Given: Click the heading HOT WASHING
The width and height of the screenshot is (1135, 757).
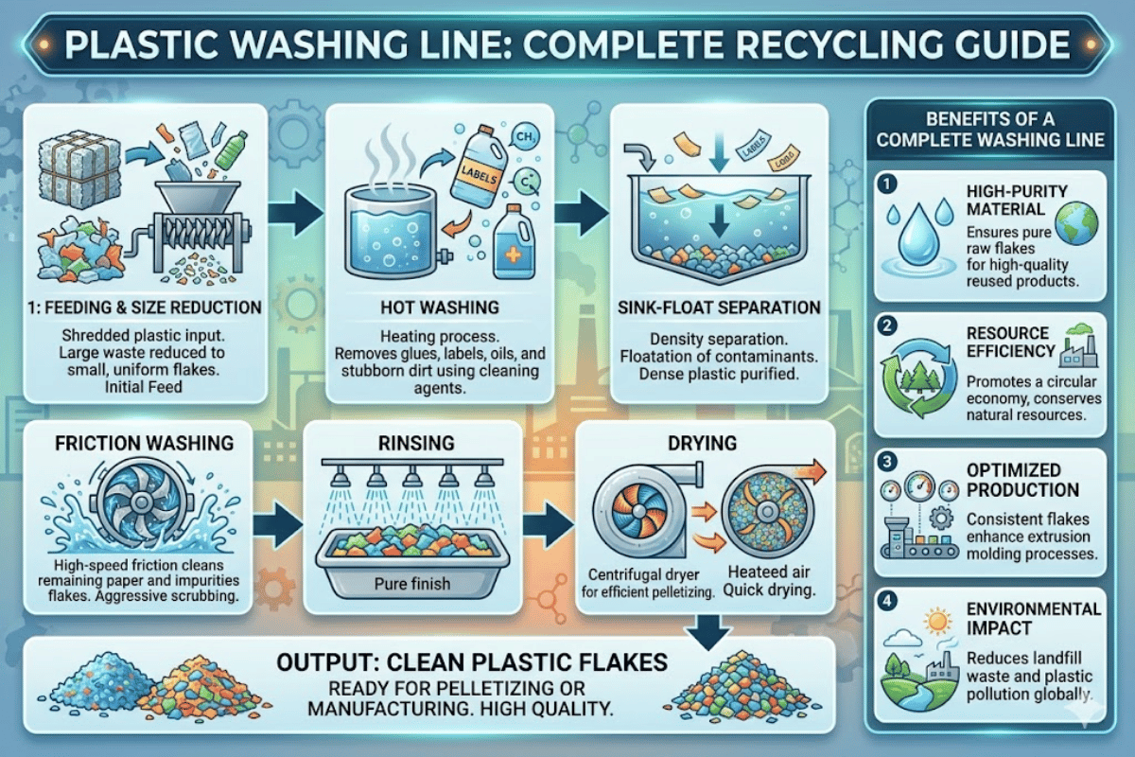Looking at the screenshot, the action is (x=440, y=308).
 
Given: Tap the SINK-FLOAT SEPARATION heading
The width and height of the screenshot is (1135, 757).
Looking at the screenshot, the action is (x=719, y=308).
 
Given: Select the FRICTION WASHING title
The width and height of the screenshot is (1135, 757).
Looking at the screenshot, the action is (x=145, y=443).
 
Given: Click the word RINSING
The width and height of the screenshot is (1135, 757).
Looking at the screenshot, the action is (x=416, y=443).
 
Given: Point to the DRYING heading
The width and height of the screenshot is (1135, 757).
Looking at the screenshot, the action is (x=702, y=443).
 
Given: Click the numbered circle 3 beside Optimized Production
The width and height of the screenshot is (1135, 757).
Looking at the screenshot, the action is (x=887, y=462).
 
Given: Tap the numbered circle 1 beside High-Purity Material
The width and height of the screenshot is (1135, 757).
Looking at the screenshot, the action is (x=887, y=185).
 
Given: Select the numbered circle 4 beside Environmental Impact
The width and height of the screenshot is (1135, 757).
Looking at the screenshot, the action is (x=887, y=601).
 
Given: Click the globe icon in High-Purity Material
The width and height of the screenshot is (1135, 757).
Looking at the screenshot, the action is (x=1076, y=223).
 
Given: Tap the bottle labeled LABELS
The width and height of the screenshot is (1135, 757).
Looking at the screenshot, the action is (x=479, y=167).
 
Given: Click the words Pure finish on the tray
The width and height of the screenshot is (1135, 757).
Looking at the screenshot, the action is (x=412, y=584).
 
